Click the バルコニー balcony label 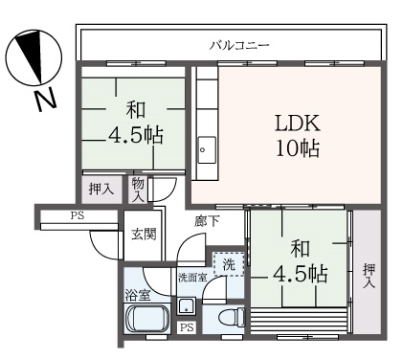pyautogui.click(x=239, y=45)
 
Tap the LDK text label pyautogui.click(x=298, y=124)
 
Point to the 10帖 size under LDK pyautogui.click(x=298, y=148)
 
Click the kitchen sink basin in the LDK pyautogui.click(x=207, y=150)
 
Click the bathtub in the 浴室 pyautogui.click(x=147, y=319)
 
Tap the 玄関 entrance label pyautogui.click(x=145, y=234)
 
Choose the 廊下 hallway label pyautogui.click(x=207, y=221)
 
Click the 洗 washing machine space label pyautogui.click(x=229, y=264)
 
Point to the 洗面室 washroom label pyautogui.click(x=192, y=278)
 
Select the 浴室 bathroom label pyautogui.click(x=137, y=296)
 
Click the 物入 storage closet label pyautogui.click(x=138, y=190)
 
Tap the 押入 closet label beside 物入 pyautogui.click(x=101, y=190)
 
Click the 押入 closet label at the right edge pyautogui.click(x=369, y=277)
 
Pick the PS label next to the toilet pyautogui.click(x=187, y=327)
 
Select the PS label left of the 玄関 pyautogui.click(x=78, y=215)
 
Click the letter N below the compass pyautogui.click(x=45, y=101)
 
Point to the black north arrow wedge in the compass pyautogui.click(x=31, y=55)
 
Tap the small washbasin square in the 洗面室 pyautogui.click(x=187, y=306)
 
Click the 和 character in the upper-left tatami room pyautogui.click(x=136, y=109)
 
